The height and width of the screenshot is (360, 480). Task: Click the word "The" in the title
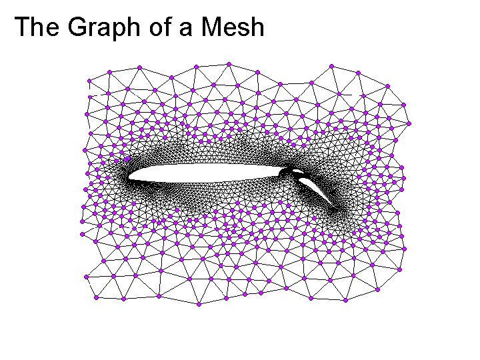click(33, 27)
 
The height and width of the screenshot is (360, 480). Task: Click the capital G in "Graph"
click(69, 27)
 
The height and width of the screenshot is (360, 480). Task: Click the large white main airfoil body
click(200, 173)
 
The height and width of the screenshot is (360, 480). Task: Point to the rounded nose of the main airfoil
click(131, 177)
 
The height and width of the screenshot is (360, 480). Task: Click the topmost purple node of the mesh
click(229, 64)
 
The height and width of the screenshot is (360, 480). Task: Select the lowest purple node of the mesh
click(199, 304)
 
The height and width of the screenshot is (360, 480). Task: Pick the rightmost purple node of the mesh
click(409, 123)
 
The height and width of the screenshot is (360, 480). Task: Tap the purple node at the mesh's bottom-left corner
click(96, 298)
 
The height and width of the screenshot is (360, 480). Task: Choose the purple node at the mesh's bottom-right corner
click(377, 290)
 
